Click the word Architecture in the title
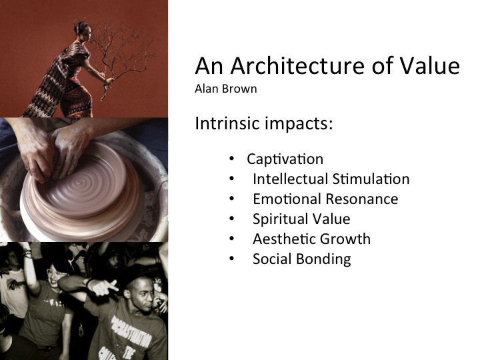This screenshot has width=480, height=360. pos(297,66)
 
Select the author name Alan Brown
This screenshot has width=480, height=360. pos(226,89)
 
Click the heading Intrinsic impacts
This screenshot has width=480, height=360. pos(263,123)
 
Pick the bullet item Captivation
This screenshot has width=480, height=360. pos(285,159)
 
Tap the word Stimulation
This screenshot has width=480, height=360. pos(371,179)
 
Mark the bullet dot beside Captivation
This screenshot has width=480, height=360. pos(231,159)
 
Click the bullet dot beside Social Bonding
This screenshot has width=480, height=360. pos(231,259)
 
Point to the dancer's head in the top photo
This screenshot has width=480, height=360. pos(83,31)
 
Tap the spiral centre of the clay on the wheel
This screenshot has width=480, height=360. pos(81,183)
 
